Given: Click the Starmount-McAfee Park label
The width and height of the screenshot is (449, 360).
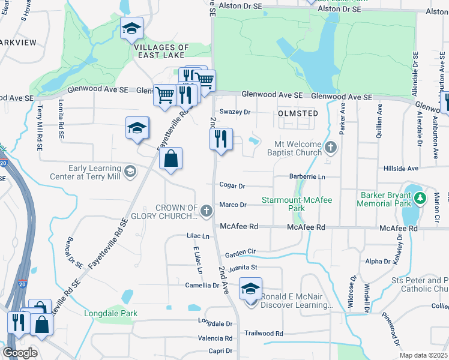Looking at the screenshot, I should pyautogui.click(x=297, y=203).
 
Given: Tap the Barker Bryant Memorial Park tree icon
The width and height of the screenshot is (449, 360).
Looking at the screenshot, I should pyautogui.click(x=420, y=197).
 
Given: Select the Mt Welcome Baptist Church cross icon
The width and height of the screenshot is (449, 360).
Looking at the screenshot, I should pyautogui.click(x=330, y=147).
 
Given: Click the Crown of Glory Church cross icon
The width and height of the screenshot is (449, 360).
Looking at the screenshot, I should pyautogui.click(x=206, y=211).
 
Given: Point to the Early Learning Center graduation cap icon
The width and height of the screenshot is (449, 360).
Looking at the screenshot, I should pyautogui.click(x=130, y=172).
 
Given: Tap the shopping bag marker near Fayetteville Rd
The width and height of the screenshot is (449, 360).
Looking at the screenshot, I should pyautogui.click(x=171, y=159).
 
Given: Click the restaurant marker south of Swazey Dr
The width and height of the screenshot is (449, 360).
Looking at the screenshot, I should pyautogui.click(x=221, y=140).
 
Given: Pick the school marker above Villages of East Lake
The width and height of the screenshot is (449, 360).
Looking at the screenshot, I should pyautogui.click(x=132, y=28).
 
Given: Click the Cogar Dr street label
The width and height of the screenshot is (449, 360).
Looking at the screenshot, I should pyautogui.click(x=233, y=186).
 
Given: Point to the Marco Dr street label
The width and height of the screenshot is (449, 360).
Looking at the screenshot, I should pyautogui.click(x=234, y=205).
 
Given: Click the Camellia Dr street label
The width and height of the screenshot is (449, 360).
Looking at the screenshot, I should pyautogui.click(x=202, y=285).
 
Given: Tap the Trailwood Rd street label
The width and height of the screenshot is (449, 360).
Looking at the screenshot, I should pyautogui.click(x=264, y=333).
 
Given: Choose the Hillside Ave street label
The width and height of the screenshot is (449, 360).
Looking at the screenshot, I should pyautogui.click(x=405, y=169).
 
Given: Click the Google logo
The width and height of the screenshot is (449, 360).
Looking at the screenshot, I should pyautogui.click(x=20, y=353).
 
